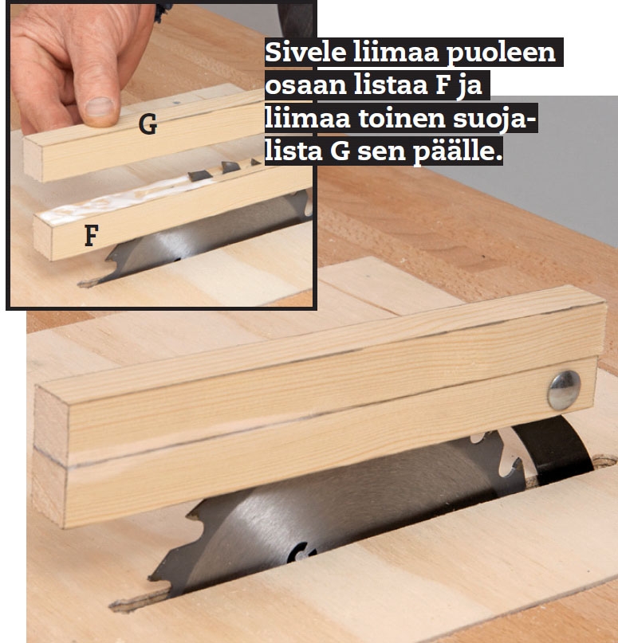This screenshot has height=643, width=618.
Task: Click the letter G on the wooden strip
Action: click(x=148, y=124)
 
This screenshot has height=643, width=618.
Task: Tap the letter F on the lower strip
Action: click(x=92, y=235)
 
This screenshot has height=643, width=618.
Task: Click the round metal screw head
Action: click(x=564, y=390)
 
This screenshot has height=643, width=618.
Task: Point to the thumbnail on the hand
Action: click(x=100, y=107)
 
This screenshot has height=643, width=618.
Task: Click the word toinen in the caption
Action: click(x=402, y=119)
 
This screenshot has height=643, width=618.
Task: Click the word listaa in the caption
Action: click(x=386, y=85)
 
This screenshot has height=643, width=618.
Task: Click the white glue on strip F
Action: click(x=123, y=198)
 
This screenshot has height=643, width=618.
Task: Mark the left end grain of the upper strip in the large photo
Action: click(x=50, y=418)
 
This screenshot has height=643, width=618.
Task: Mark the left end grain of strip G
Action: click(x=33, y=160)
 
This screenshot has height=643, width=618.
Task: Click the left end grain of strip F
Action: click(x=43, y=238)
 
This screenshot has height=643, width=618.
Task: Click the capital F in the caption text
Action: click(x=443, y=85)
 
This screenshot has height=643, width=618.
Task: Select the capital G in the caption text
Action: click(x=340, y=151)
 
